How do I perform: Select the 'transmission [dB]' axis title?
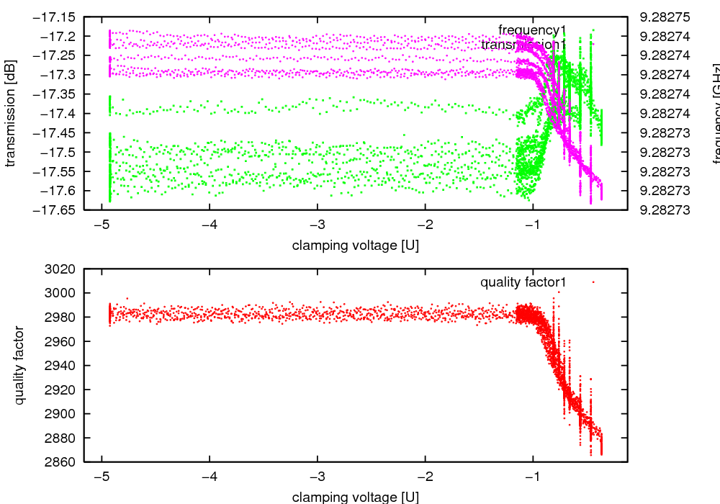(11, 113)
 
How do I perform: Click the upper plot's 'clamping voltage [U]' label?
(356, 246)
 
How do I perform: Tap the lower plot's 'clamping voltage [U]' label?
(356, 497)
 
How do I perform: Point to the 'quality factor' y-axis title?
(19, 365)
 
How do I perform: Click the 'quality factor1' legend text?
(523, 282)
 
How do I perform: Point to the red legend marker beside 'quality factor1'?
(593, 282)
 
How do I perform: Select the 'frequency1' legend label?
(533, 30)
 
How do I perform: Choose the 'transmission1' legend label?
(523, 45)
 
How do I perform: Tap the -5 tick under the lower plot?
(102, 475)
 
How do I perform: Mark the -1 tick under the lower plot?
(534, 475)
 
